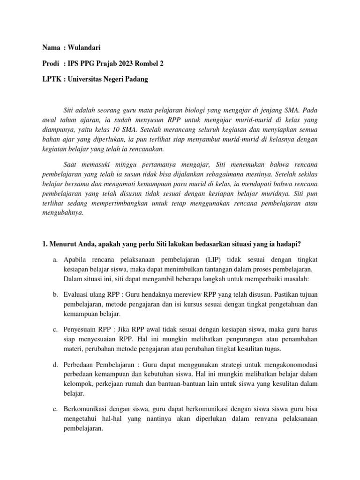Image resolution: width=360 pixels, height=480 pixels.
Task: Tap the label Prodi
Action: pyautogui.click(x=51, y=63)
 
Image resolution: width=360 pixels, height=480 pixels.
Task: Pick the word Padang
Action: pyautogui.click(x=136, y=79)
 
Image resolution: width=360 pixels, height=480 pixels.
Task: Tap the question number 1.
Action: pyautogui.click(x=45, y=243)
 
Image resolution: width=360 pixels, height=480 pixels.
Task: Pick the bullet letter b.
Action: pyautogui.click(x=55, y=294)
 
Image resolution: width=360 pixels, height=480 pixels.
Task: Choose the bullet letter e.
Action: pyautogui.click(x=55, y=408)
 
